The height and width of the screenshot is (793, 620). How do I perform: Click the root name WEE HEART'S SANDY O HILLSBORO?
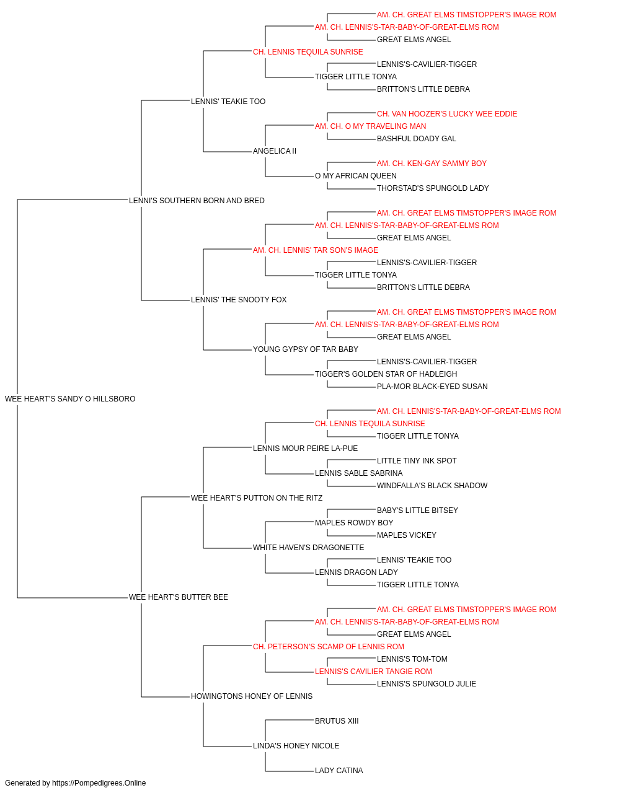(70, 399)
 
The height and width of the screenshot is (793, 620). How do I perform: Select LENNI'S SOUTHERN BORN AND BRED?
(197, 200)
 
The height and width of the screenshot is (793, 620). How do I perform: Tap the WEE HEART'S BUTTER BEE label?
(178, 597)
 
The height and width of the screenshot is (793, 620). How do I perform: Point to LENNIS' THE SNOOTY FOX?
(239, 300)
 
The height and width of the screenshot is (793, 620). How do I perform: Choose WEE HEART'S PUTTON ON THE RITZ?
(256, 497)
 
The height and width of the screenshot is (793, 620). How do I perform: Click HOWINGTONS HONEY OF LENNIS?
(252, 696)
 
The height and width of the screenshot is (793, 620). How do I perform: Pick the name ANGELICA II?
(275, 151)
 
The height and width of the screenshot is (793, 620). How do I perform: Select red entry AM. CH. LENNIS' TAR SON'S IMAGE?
(316, 250)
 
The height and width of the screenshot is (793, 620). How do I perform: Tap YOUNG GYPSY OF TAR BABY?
(305, 349)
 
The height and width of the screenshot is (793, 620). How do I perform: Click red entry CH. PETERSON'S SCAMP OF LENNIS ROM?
(328, 647)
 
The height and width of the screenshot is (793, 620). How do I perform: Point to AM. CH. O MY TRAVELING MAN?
(370, 126)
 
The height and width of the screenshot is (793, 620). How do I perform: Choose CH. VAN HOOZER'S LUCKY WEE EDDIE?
(447, 114)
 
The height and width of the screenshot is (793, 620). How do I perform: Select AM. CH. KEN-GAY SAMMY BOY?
(432, 164)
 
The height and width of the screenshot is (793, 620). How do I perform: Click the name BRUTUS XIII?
(337, 721)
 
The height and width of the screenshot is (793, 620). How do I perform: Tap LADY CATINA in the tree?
(339, 770)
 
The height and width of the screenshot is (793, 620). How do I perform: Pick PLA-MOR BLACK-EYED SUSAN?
(432, 387)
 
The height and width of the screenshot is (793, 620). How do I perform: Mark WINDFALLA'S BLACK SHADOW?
(432, 485)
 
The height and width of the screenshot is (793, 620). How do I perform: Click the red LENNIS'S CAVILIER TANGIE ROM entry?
(373, 672)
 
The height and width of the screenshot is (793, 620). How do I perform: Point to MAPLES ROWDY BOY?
(354, 523)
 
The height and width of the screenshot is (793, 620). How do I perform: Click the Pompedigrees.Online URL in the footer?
(99, 783)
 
